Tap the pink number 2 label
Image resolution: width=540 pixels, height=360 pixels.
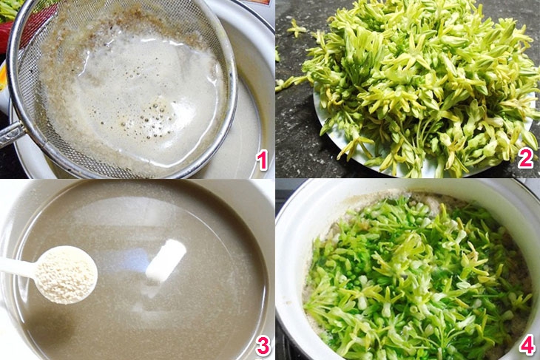[526, 157]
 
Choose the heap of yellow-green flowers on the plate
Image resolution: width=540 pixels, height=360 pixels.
[422, 81]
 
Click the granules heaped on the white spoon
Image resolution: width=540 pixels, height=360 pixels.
[67, 275]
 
